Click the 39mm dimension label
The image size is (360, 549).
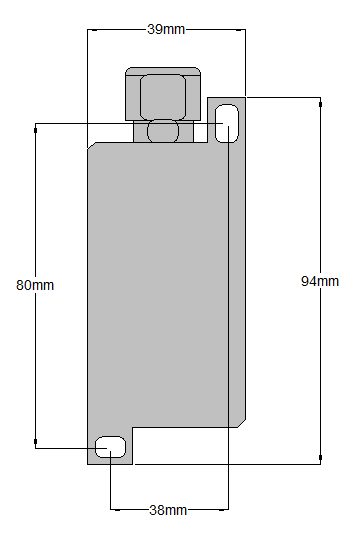[x=166, y=29]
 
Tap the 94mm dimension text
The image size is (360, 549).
[x=320, y=281]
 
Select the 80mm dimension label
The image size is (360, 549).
[x=35, y=285]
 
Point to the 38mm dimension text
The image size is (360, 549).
[x=168, y=510]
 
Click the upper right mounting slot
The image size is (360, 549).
[x=227, y=123]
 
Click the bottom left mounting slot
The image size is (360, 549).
[x=110, y=447]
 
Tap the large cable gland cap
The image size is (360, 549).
[x=163, y=94]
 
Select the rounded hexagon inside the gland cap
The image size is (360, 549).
[x=163, y=97]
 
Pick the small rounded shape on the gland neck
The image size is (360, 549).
[x=163, y=131]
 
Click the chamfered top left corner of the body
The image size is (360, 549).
[x=92, y=146]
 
